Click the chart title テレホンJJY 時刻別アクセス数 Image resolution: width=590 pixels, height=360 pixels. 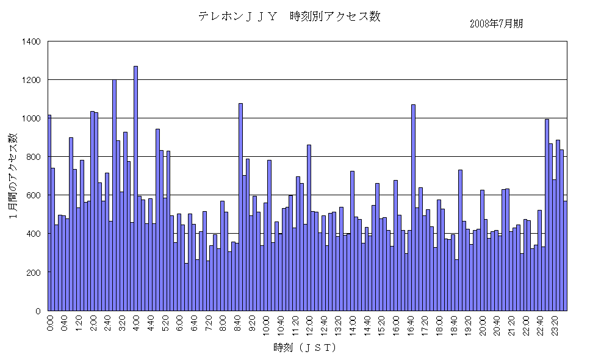coord(289,16)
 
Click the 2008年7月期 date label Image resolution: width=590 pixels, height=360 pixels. coord(497,24)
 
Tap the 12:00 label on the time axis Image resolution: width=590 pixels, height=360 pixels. coord(309,323)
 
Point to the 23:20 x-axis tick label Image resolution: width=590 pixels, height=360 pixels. coord(555,323)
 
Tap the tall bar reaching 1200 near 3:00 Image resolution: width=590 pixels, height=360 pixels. coord(114,195)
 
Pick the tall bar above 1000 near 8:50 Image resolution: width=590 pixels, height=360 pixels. coord(240,207)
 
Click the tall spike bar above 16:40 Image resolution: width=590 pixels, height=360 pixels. coord(413,207)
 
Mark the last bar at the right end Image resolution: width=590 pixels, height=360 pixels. coord(565,256)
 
